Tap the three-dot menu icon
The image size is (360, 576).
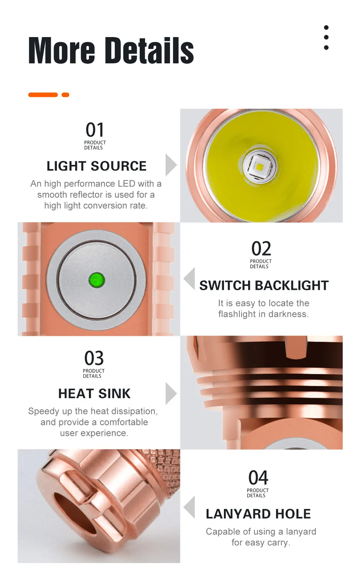tap(326, 37)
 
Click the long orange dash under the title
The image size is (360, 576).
tap(43, 95)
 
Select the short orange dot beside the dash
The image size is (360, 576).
tap(65, 95)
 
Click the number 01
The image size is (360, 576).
tap(95, 130)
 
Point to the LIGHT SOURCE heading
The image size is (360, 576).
tap(96, 166)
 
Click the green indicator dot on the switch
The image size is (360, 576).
tap(97, 280)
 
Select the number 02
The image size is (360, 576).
tap(261, 248)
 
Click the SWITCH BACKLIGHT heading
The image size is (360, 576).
tap(264, 285)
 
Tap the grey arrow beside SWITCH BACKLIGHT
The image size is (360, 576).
tap(189, 279)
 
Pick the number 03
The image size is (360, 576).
tap(94, 358)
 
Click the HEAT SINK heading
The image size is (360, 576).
tap(94, 394)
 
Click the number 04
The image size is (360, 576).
tap(258, 477)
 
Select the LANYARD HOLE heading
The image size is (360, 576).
tap(258, 514)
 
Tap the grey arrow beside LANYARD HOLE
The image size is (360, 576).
tap(189, 507)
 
